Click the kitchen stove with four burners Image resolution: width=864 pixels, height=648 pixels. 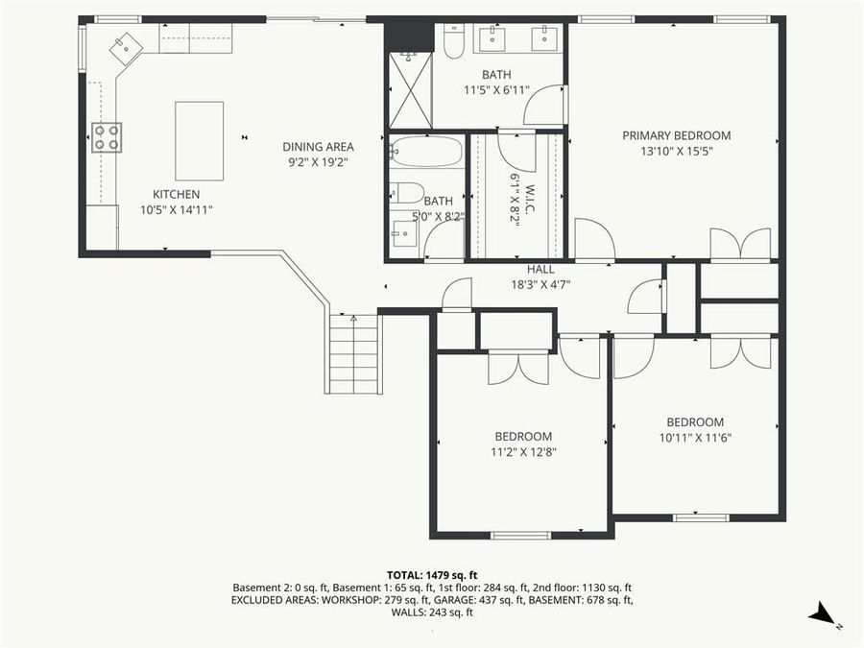(x=106, y=137)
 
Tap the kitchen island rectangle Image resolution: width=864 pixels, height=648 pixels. (x=199, y=140)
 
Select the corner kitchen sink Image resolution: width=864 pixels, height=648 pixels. (x=126, y=46)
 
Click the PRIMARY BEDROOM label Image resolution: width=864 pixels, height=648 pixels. (x=676, y=135)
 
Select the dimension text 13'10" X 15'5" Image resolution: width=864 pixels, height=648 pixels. (x=676, y=151)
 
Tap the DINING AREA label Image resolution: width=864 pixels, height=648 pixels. (x=318, y=147)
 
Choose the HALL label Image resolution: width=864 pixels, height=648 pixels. (x=540, y=270)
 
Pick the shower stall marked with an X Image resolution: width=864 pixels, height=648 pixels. (x=410, y=90)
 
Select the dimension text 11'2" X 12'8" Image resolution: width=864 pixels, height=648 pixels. (x=523, y=451)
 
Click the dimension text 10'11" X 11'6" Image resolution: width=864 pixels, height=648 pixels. (x=695, y=438)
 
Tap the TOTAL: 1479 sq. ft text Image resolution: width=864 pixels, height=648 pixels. (x=431, y=573)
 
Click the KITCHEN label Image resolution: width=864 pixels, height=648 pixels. (x=176, y=194)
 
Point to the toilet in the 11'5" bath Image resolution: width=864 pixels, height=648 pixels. (x=454, y=40)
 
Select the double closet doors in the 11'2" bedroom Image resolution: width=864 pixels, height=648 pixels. (x=518, y=368)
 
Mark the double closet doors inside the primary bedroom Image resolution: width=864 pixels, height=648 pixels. (x=739, y=244)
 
